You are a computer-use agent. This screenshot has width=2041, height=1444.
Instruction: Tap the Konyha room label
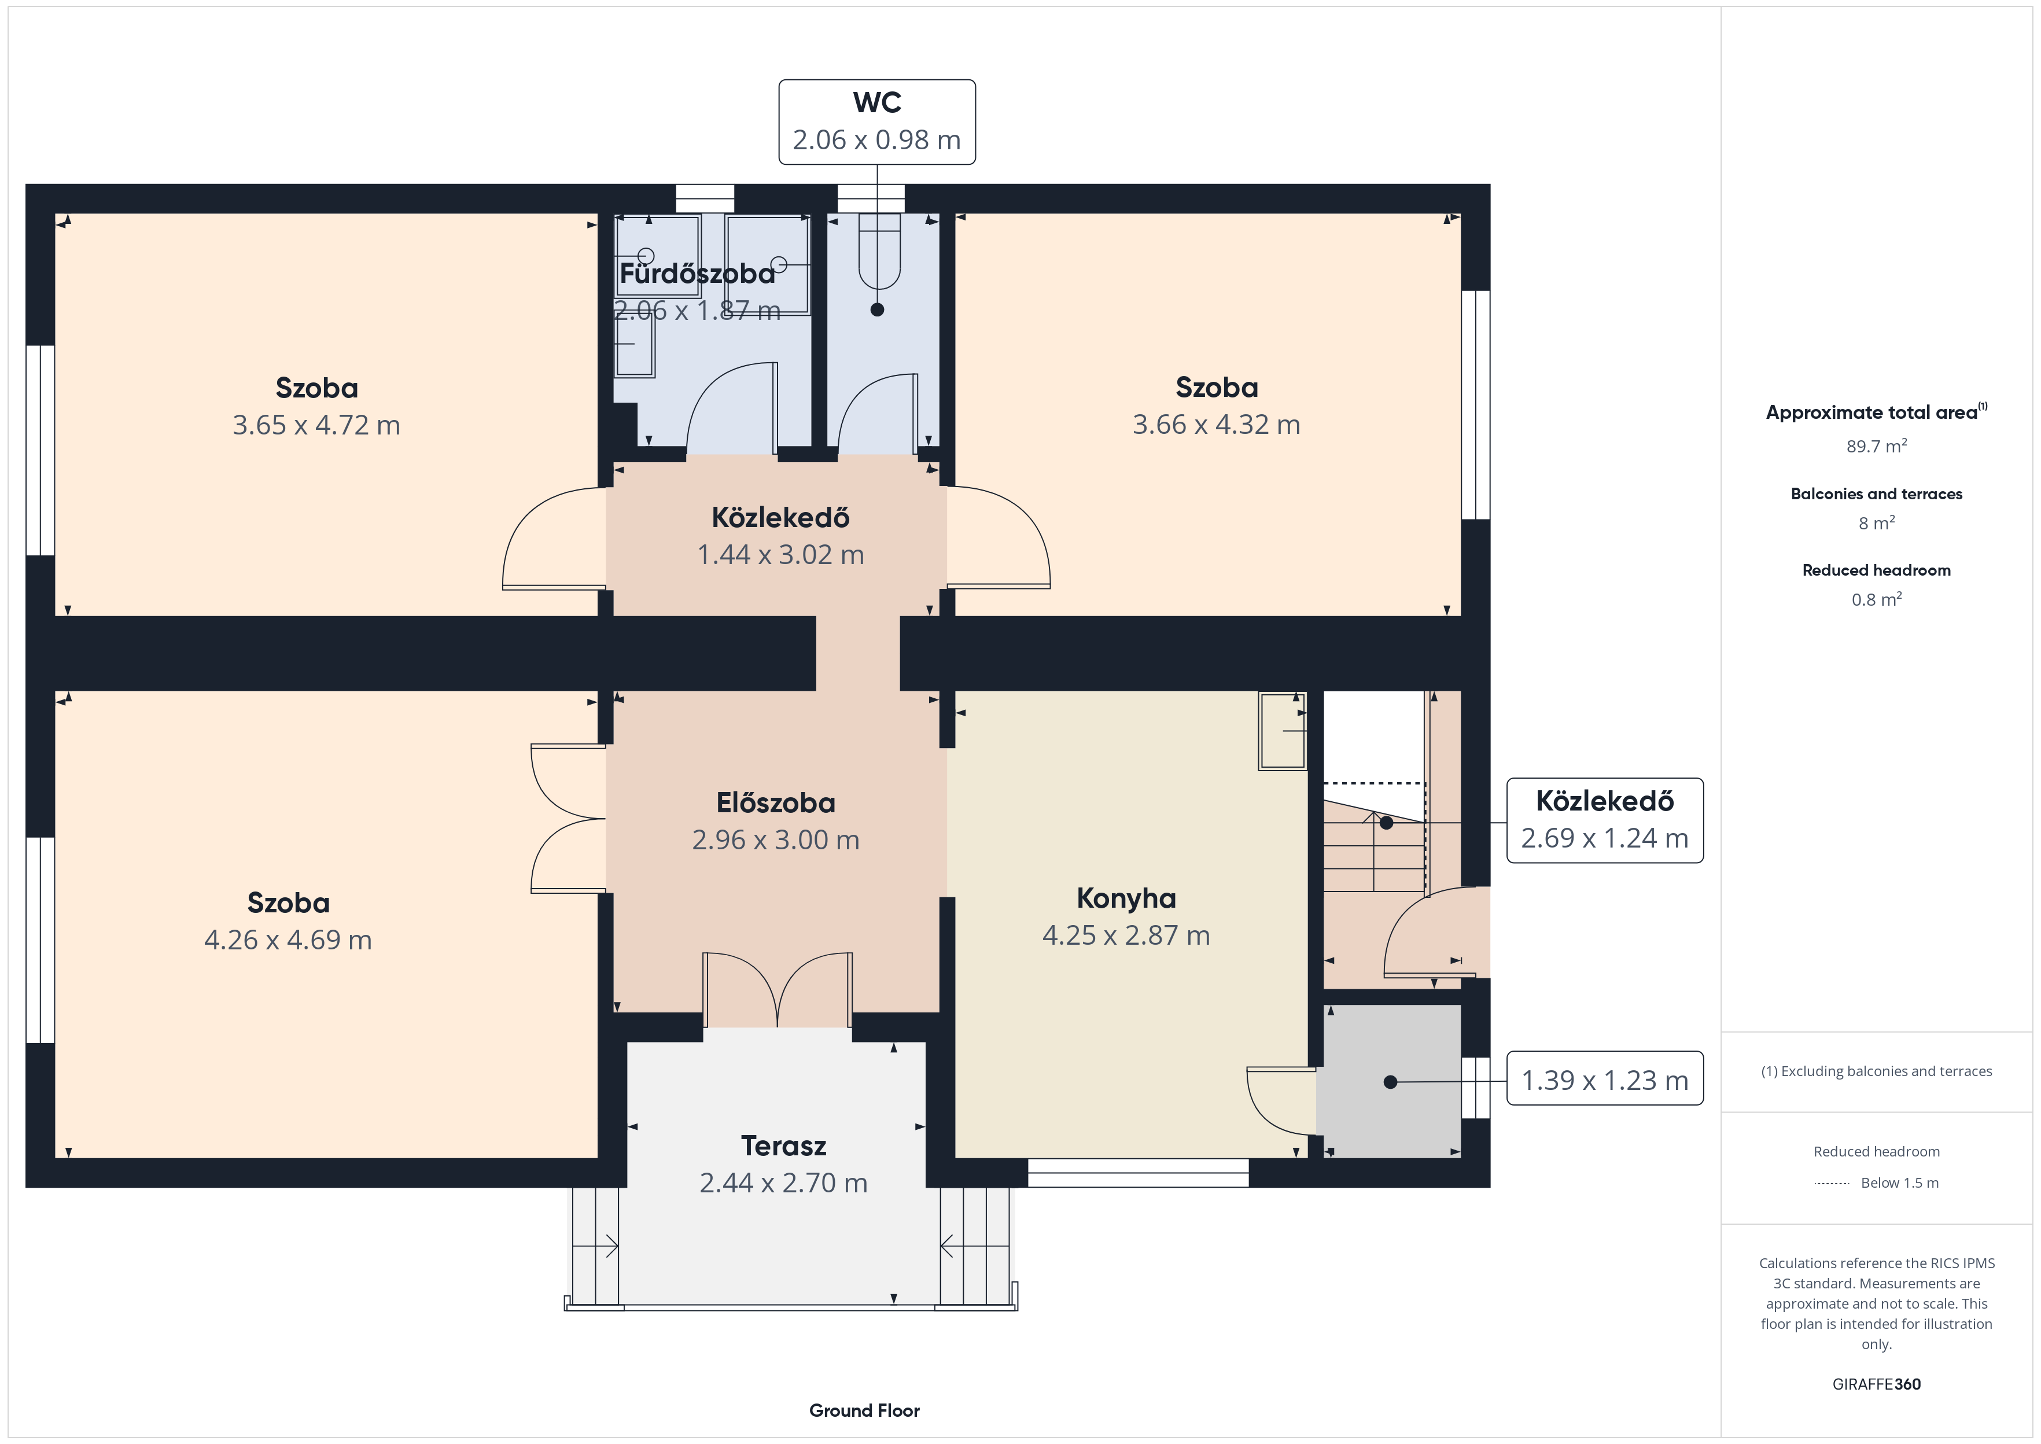pos(1126,898)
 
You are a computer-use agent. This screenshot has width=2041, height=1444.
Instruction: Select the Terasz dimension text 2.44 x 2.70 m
pos(783,1183)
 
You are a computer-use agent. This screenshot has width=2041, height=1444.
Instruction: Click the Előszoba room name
pos(776,803)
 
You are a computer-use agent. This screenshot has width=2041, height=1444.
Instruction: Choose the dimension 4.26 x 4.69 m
pos(288,940)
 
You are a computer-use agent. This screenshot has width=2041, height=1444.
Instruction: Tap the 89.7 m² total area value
pos(1877,445)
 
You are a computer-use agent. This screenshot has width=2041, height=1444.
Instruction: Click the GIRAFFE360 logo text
pos(1877,1384)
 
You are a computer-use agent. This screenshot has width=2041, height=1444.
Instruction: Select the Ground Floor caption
pos(864,1410)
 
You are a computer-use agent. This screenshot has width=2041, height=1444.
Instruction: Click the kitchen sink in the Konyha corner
pos(1282,730)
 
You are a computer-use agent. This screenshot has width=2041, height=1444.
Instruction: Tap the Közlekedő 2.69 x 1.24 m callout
pos(1605,820)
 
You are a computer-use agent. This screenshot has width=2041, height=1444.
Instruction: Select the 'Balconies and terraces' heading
pos(1877,493)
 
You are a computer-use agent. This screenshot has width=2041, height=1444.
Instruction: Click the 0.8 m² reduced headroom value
pos(1877,599)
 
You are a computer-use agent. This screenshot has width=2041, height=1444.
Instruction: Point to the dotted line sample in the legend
pos(1831,1184)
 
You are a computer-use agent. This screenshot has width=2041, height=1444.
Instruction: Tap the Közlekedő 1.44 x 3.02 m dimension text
pos(780,555)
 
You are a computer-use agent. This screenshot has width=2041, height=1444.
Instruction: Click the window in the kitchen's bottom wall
pos(1138,1173)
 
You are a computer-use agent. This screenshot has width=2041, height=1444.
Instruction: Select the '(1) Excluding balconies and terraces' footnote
pos(1877,1071)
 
